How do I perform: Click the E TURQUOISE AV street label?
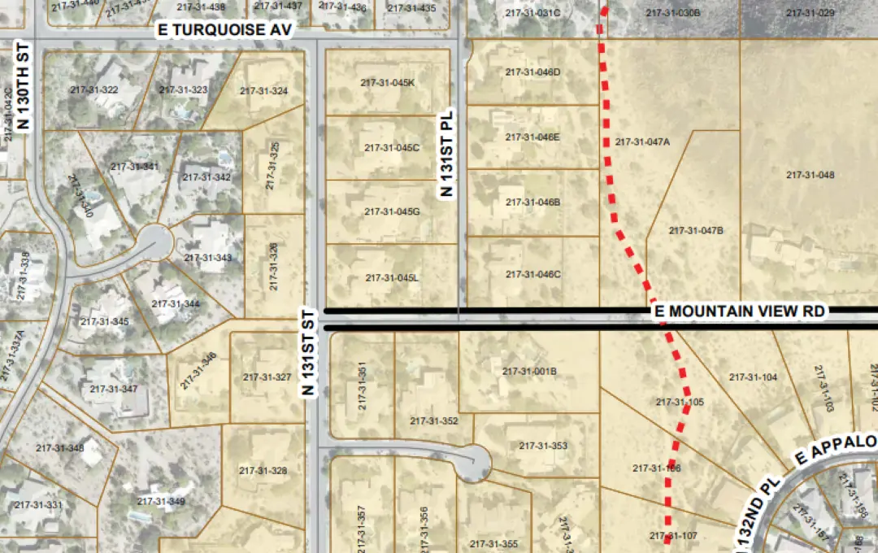pos(224,29)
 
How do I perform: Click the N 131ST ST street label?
pos(308,352)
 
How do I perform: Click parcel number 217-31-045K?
pos(388,82)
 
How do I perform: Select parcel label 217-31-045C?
pos(392,147)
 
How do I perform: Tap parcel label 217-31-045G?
pos(392,211)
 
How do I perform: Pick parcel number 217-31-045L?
pos(392,277)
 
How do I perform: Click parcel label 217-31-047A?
pos(642,142)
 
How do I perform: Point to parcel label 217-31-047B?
pos(696,230)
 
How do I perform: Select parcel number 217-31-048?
pos(811,175)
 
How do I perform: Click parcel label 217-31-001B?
pos(529,371)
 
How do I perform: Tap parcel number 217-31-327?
pos(267,377)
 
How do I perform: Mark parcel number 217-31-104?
pos(753,377)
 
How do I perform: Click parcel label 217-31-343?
pos(207,257)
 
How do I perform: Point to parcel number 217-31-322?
pos(94,89)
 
